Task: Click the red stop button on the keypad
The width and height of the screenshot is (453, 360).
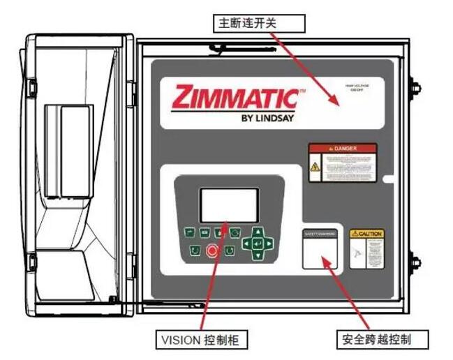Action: coord(212,250)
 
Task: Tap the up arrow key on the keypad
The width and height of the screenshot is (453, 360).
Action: coord(258,232)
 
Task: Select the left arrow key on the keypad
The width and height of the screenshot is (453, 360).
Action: coord(247,243)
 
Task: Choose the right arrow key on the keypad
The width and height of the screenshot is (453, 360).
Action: coord(269,243)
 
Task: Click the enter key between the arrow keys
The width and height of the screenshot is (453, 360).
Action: coord(258,243)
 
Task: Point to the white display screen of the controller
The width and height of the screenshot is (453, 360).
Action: coord(229,204)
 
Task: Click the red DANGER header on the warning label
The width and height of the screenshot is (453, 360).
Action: coord(343,149)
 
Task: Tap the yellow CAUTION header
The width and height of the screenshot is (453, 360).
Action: coord(366,233)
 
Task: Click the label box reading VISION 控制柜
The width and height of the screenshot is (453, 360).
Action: coord(202,340)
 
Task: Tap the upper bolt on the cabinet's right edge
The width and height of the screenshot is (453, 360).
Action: coord(415,89)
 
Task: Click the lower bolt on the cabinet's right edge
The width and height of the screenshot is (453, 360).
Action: coord(415,262)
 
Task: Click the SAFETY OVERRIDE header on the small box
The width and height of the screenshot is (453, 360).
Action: coord(320,233)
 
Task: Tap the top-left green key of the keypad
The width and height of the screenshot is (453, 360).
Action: coord(188,232)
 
